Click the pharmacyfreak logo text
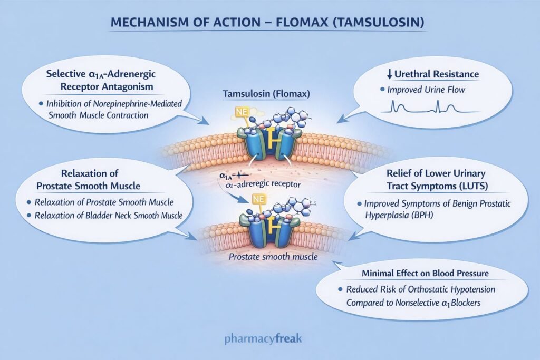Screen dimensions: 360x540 pyautogui.click(x=269, y=337)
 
